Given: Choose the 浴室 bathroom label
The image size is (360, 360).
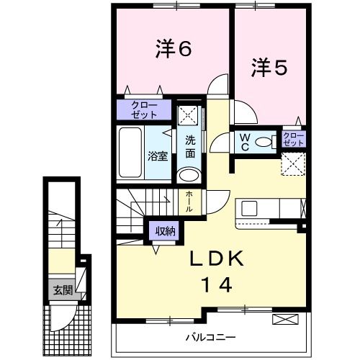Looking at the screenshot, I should pos(158,156).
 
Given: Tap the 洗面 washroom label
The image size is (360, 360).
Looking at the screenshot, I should pos(190,146).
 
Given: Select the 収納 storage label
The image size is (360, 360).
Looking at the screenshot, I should pos(164,231).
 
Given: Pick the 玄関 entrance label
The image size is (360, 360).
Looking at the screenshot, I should pos(60,291).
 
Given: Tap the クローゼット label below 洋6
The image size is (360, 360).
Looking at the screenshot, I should pos(144,109).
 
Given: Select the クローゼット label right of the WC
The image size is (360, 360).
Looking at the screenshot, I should pos(293,139).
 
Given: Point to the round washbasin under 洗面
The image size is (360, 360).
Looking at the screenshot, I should pos(189,175).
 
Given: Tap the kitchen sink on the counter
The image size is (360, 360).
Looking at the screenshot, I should pos(249,209).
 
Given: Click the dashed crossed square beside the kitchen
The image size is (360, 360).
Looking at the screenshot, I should pos(293,163).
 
